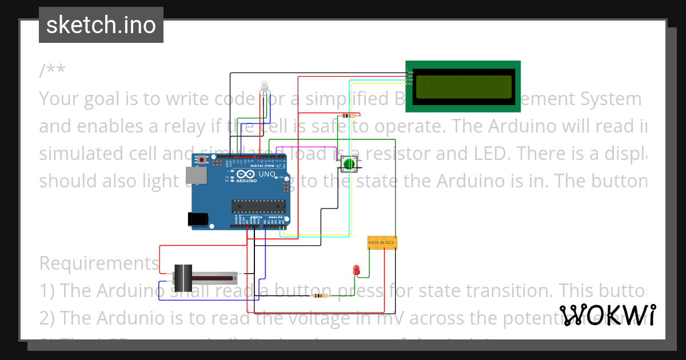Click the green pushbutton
click(x=349, y=165)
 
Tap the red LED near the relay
click(x=356, y=270)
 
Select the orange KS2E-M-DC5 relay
click(x=382, y=243)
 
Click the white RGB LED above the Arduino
click(x=264, y=86)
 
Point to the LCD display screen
click(x=463, y=86)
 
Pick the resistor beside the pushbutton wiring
click(x=347, y=115)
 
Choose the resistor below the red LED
click(x=320, y=296)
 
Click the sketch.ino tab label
click(x=101, y=25)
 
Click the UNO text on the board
click(x=268, y=174)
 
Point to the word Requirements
click(x=99, y=263)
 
